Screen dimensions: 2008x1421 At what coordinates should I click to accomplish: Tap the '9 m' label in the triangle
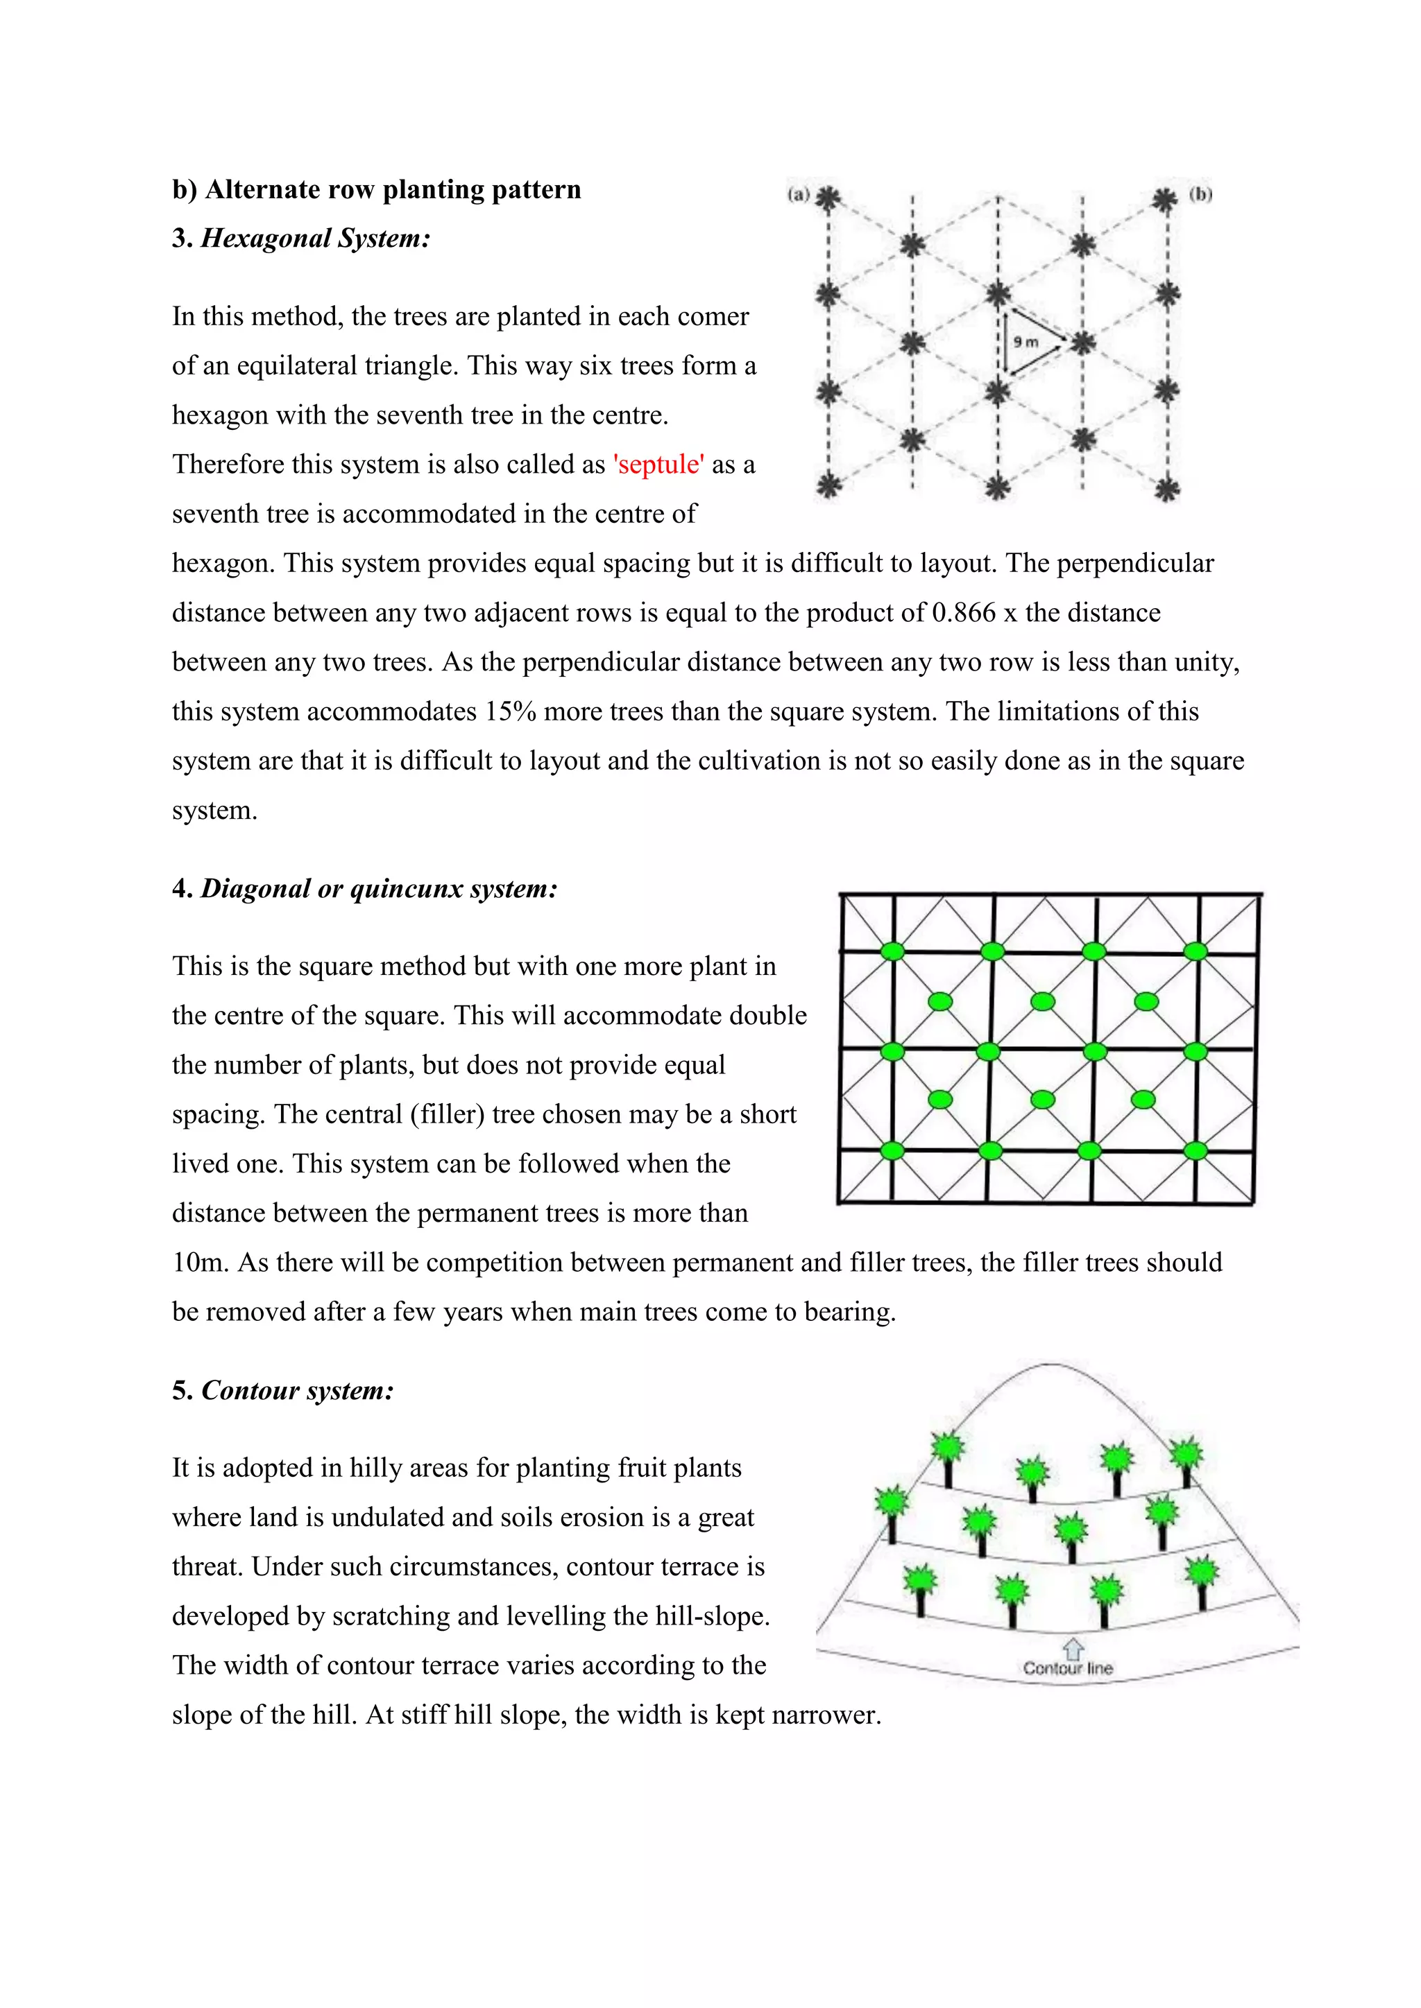pyautogui.click(x=1026, y=342)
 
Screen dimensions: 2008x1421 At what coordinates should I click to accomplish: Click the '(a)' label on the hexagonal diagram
pyautogui.click(x=798, y=194)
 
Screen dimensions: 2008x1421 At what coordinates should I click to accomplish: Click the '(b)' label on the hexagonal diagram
pyautogui.click(x=1200, y=194)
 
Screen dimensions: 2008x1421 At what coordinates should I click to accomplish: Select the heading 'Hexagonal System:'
pyautogui.click(x=315, y=239)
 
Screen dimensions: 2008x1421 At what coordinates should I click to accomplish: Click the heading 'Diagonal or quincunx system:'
pyautogui.click(x=379, y=890)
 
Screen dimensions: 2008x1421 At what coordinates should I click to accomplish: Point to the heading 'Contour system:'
pyautogui.click(x=298, y=1392)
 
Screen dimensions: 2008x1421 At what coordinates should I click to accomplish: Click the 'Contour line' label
pyautogui.click(x=1068, y=1669)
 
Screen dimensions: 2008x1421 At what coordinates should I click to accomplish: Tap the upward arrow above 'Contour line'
pyautogui.click(x=1073, y=1649)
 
